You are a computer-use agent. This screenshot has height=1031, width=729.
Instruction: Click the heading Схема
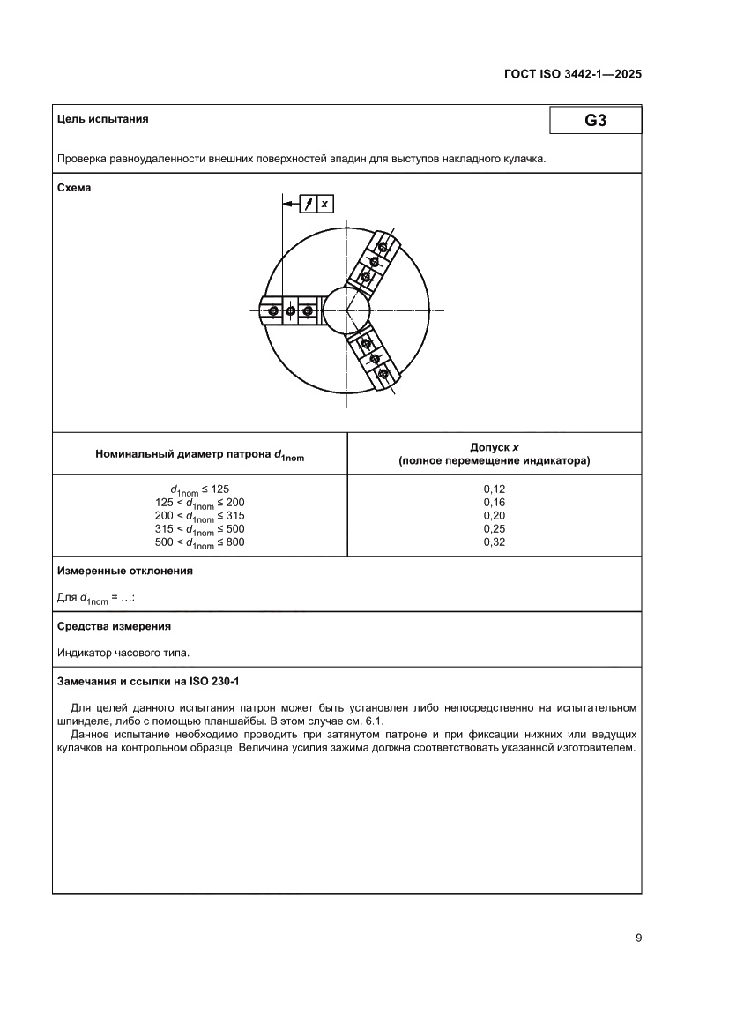[x=74, y=188]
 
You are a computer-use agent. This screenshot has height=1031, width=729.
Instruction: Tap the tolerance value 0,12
[x=495, y=488]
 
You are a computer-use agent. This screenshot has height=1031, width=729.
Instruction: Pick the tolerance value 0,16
[x=495, y=501]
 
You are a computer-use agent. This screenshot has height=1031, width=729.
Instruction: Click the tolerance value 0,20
[x=495, y=515]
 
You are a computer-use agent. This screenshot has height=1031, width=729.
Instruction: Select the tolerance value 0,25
[x=495, y=528]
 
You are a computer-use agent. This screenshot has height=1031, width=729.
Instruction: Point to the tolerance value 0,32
[x=495, y=542]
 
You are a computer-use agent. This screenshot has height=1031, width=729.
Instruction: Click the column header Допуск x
[x=495, y=447]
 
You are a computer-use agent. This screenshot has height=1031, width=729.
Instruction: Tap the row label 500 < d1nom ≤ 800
[x=199, y=542]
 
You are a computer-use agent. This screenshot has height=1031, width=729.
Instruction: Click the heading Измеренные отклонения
[x=125, y=571]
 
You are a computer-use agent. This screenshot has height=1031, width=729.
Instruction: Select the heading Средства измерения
[x=114, y=626]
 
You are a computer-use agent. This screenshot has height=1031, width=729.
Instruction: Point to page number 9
[x=637, y=938]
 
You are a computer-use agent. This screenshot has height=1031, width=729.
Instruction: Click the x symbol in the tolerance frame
[x=324, y=204]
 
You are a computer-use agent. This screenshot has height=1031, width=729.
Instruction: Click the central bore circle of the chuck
[x=346, y=310]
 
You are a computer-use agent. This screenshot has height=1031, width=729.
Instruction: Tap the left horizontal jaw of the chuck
[x=290, y=310]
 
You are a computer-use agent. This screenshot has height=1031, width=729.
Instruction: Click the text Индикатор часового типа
[x=123, y=654]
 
